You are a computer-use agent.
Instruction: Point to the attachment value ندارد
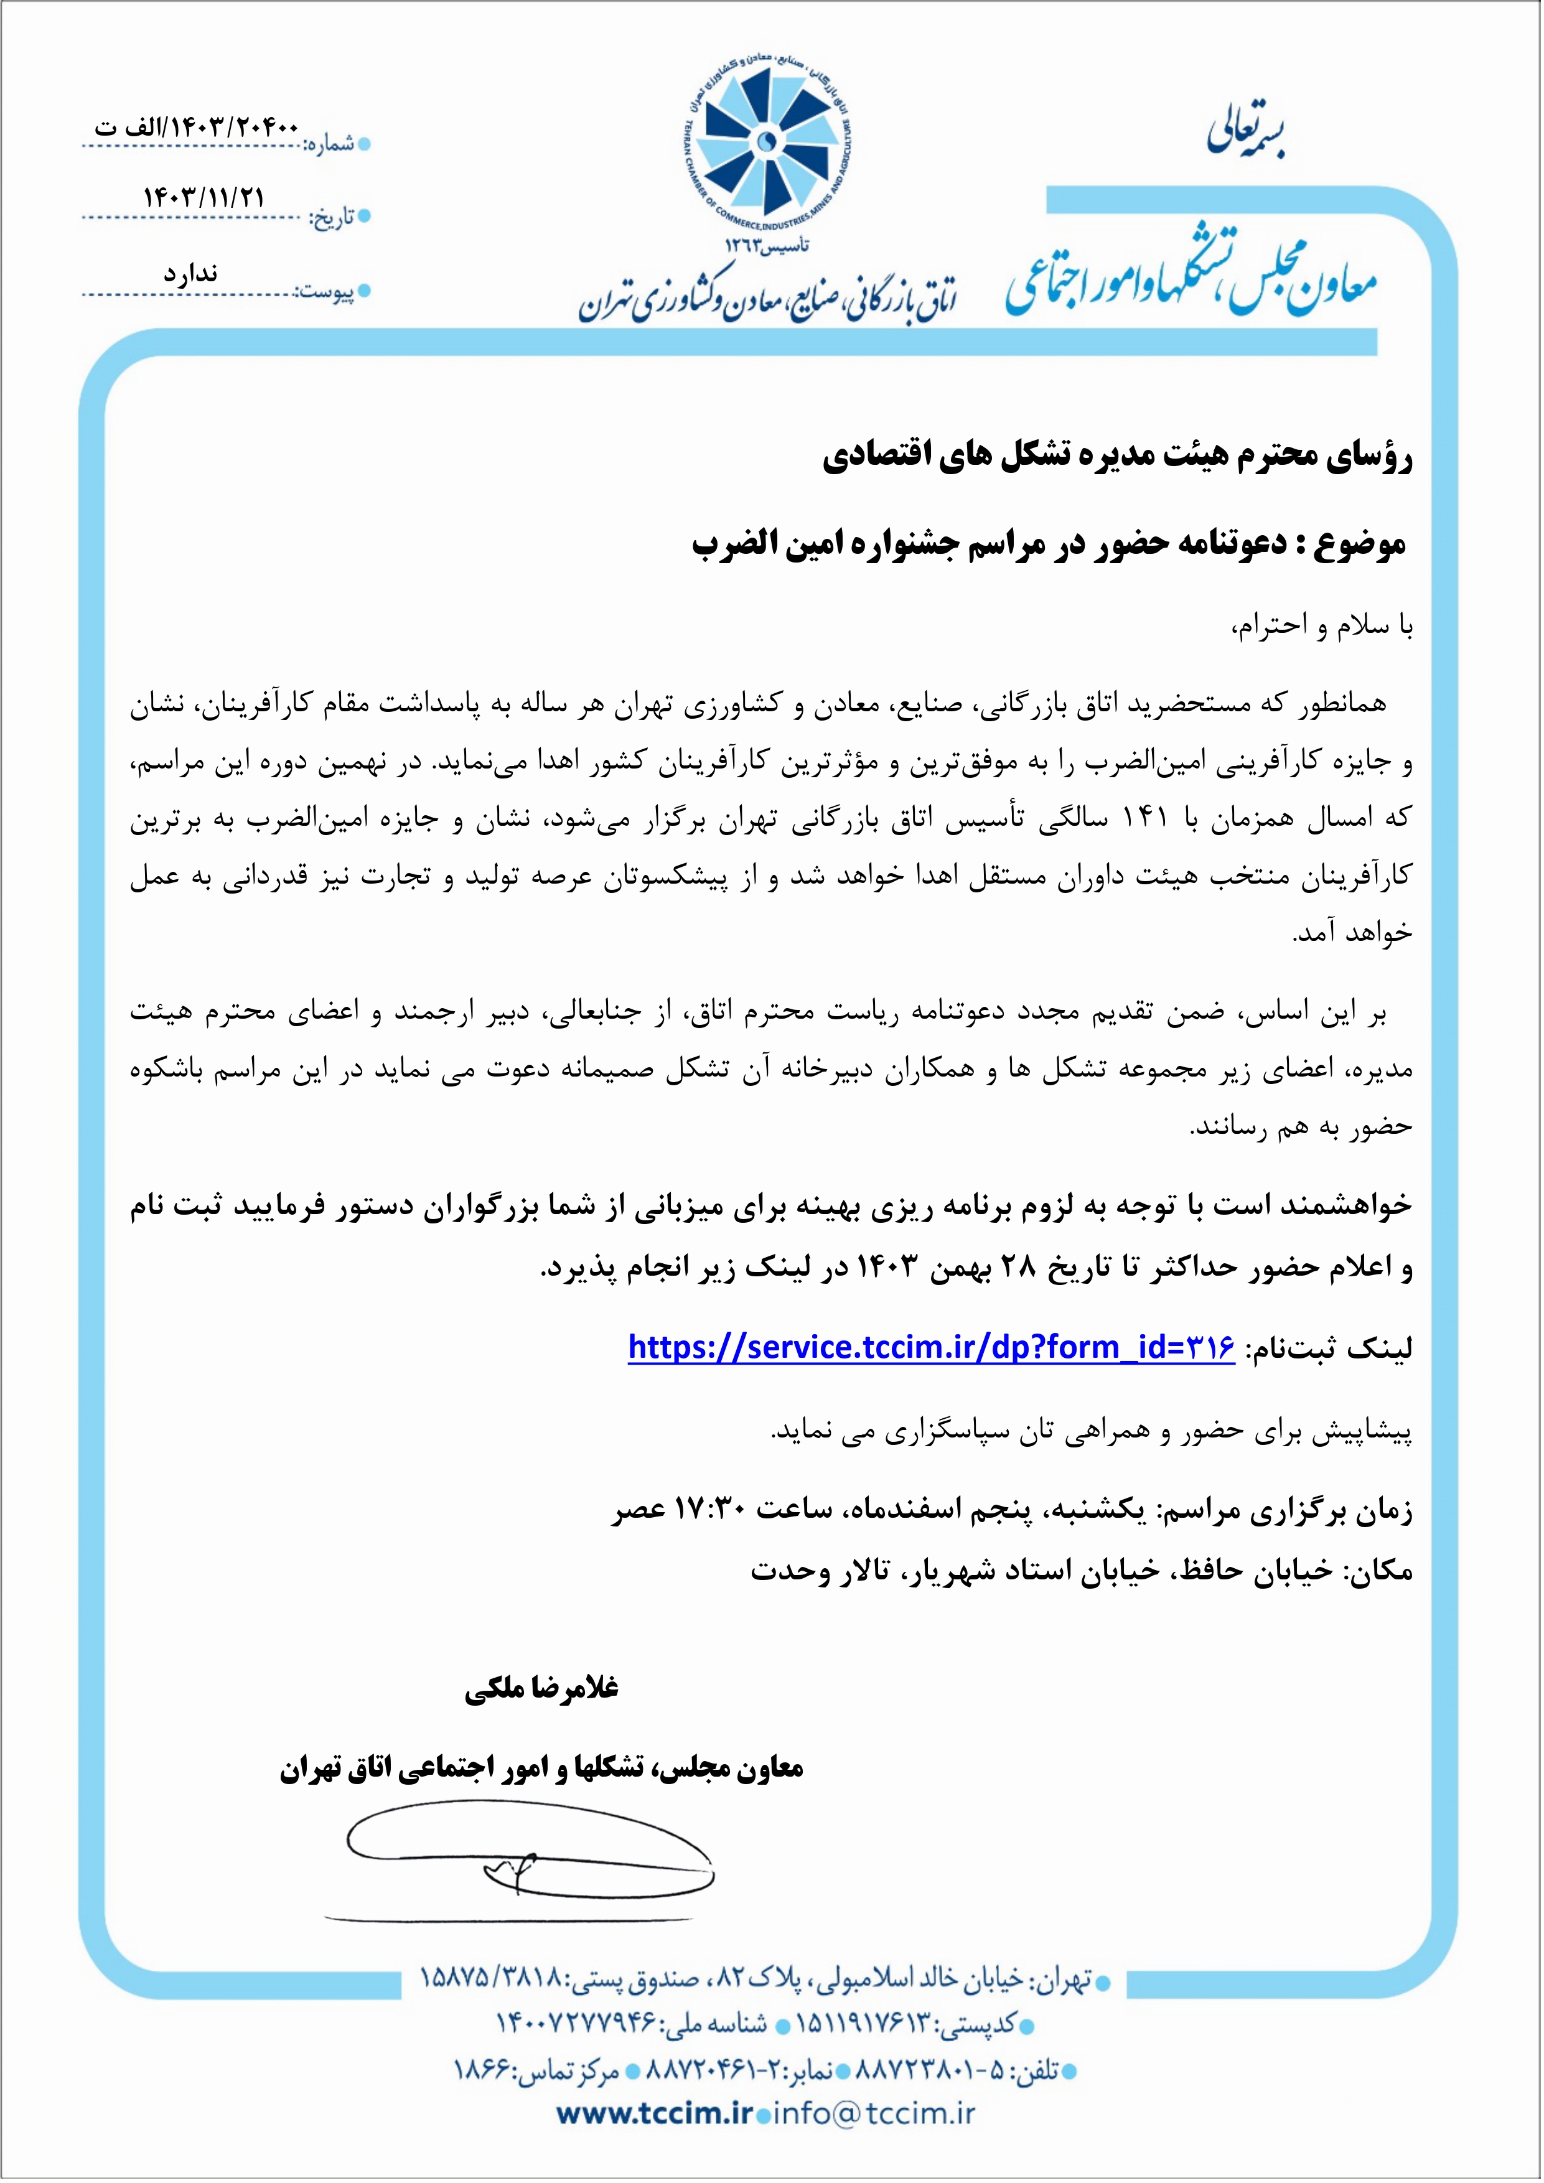click(190, 274)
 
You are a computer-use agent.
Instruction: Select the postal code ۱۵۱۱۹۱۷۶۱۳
click(865, 2024)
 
